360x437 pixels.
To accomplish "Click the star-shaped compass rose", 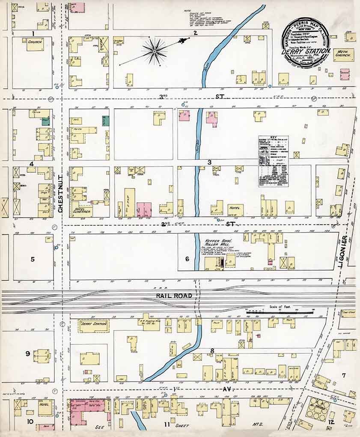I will tap(155, 51).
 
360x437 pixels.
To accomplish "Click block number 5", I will tap(32, 259).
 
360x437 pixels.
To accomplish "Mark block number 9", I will tap(27, 353).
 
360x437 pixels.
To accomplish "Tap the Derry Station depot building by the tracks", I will tap(93, 326).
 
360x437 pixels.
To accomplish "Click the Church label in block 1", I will tap(34, 42).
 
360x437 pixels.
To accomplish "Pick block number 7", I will tap(343, 376).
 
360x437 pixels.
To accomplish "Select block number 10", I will tap(30, 422).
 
